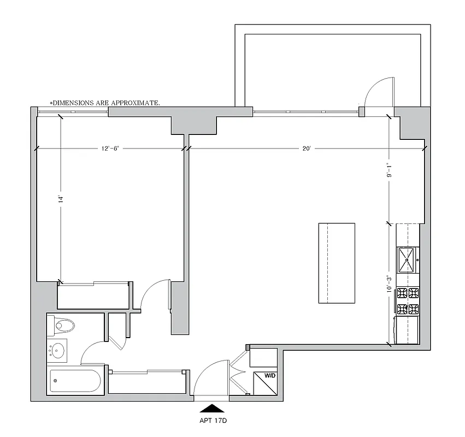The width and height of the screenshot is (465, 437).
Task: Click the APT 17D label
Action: click(x=210, y=422)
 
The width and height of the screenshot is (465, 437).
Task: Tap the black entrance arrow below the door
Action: click(x=210, y=408)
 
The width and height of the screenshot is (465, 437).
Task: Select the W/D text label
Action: click(x=270, y=376)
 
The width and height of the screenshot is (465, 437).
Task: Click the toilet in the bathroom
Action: click(x=63, y=327)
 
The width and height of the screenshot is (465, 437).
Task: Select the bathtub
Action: click(x=75, y=381)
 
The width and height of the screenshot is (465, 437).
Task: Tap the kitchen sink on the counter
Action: click(x=407, y=259)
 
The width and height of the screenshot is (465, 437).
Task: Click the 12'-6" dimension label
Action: click(x=110, y=149)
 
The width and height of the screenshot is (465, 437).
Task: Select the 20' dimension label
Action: click(x=306, y=149)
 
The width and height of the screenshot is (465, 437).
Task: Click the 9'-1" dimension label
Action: click(x=389, y=170)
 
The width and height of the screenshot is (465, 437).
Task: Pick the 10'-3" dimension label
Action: click(x=389, y=285)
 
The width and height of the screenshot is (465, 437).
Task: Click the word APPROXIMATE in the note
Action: click(x=136, y=103)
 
